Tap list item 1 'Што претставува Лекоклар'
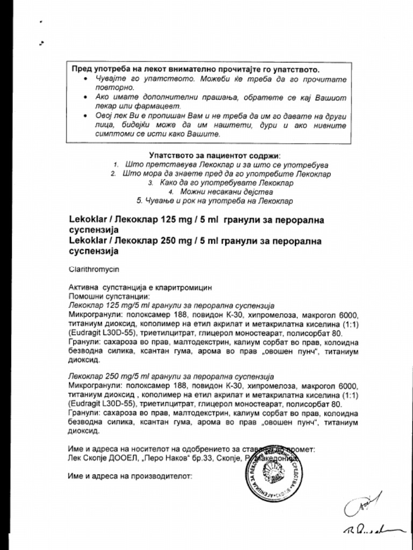(x=226, y=165)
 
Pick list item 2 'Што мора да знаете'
(x=226, y=174)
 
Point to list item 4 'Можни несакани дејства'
(x=226, y=192)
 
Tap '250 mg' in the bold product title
(x=176, y=241)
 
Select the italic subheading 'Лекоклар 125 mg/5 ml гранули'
(x=172, y=305)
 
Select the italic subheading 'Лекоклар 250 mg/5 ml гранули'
(x=172, y=377)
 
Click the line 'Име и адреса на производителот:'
(x=130, y=475)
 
